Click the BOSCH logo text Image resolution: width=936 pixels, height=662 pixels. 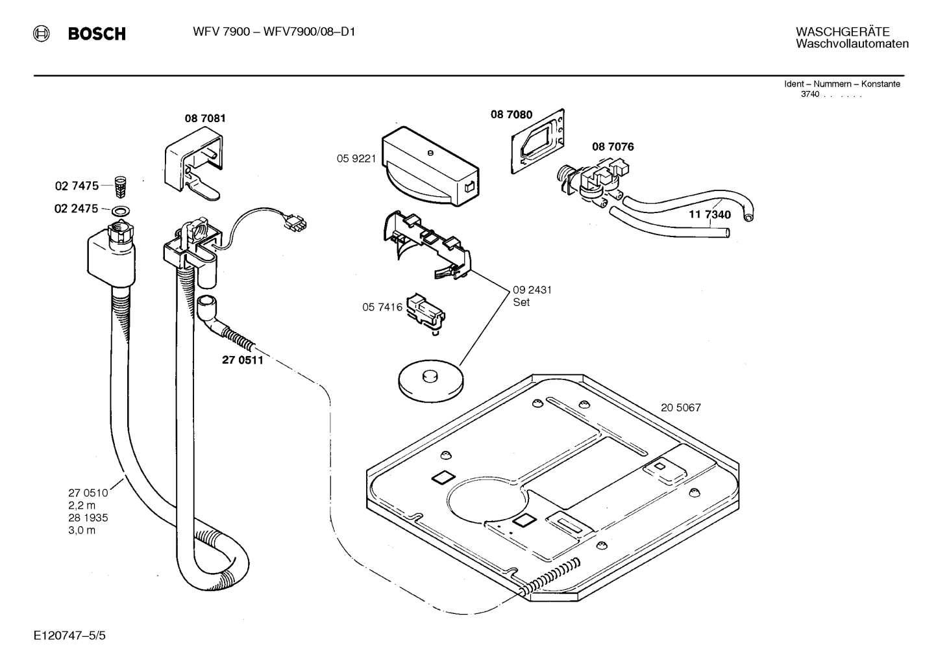[x=97, y=34]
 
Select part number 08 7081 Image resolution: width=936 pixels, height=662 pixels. [x=205, y=118]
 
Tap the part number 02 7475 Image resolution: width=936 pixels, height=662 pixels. [x=77, y=186]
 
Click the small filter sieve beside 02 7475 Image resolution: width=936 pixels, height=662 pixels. [x=119, y=186]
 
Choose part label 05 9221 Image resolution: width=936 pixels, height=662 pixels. [x=356, y=158]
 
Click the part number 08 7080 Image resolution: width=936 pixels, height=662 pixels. [x=511, y=115]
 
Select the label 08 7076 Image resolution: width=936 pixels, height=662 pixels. [x=612, y=147]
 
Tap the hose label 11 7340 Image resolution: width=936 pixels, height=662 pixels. [x=709, y=215]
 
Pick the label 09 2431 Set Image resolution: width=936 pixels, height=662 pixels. [x=532, y=296]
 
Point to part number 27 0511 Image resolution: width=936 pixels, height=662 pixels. [x=243, y=360]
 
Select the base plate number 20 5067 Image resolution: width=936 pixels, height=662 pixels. [x=680, y=408]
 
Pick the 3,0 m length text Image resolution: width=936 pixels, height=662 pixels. [x=82, y=530]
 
